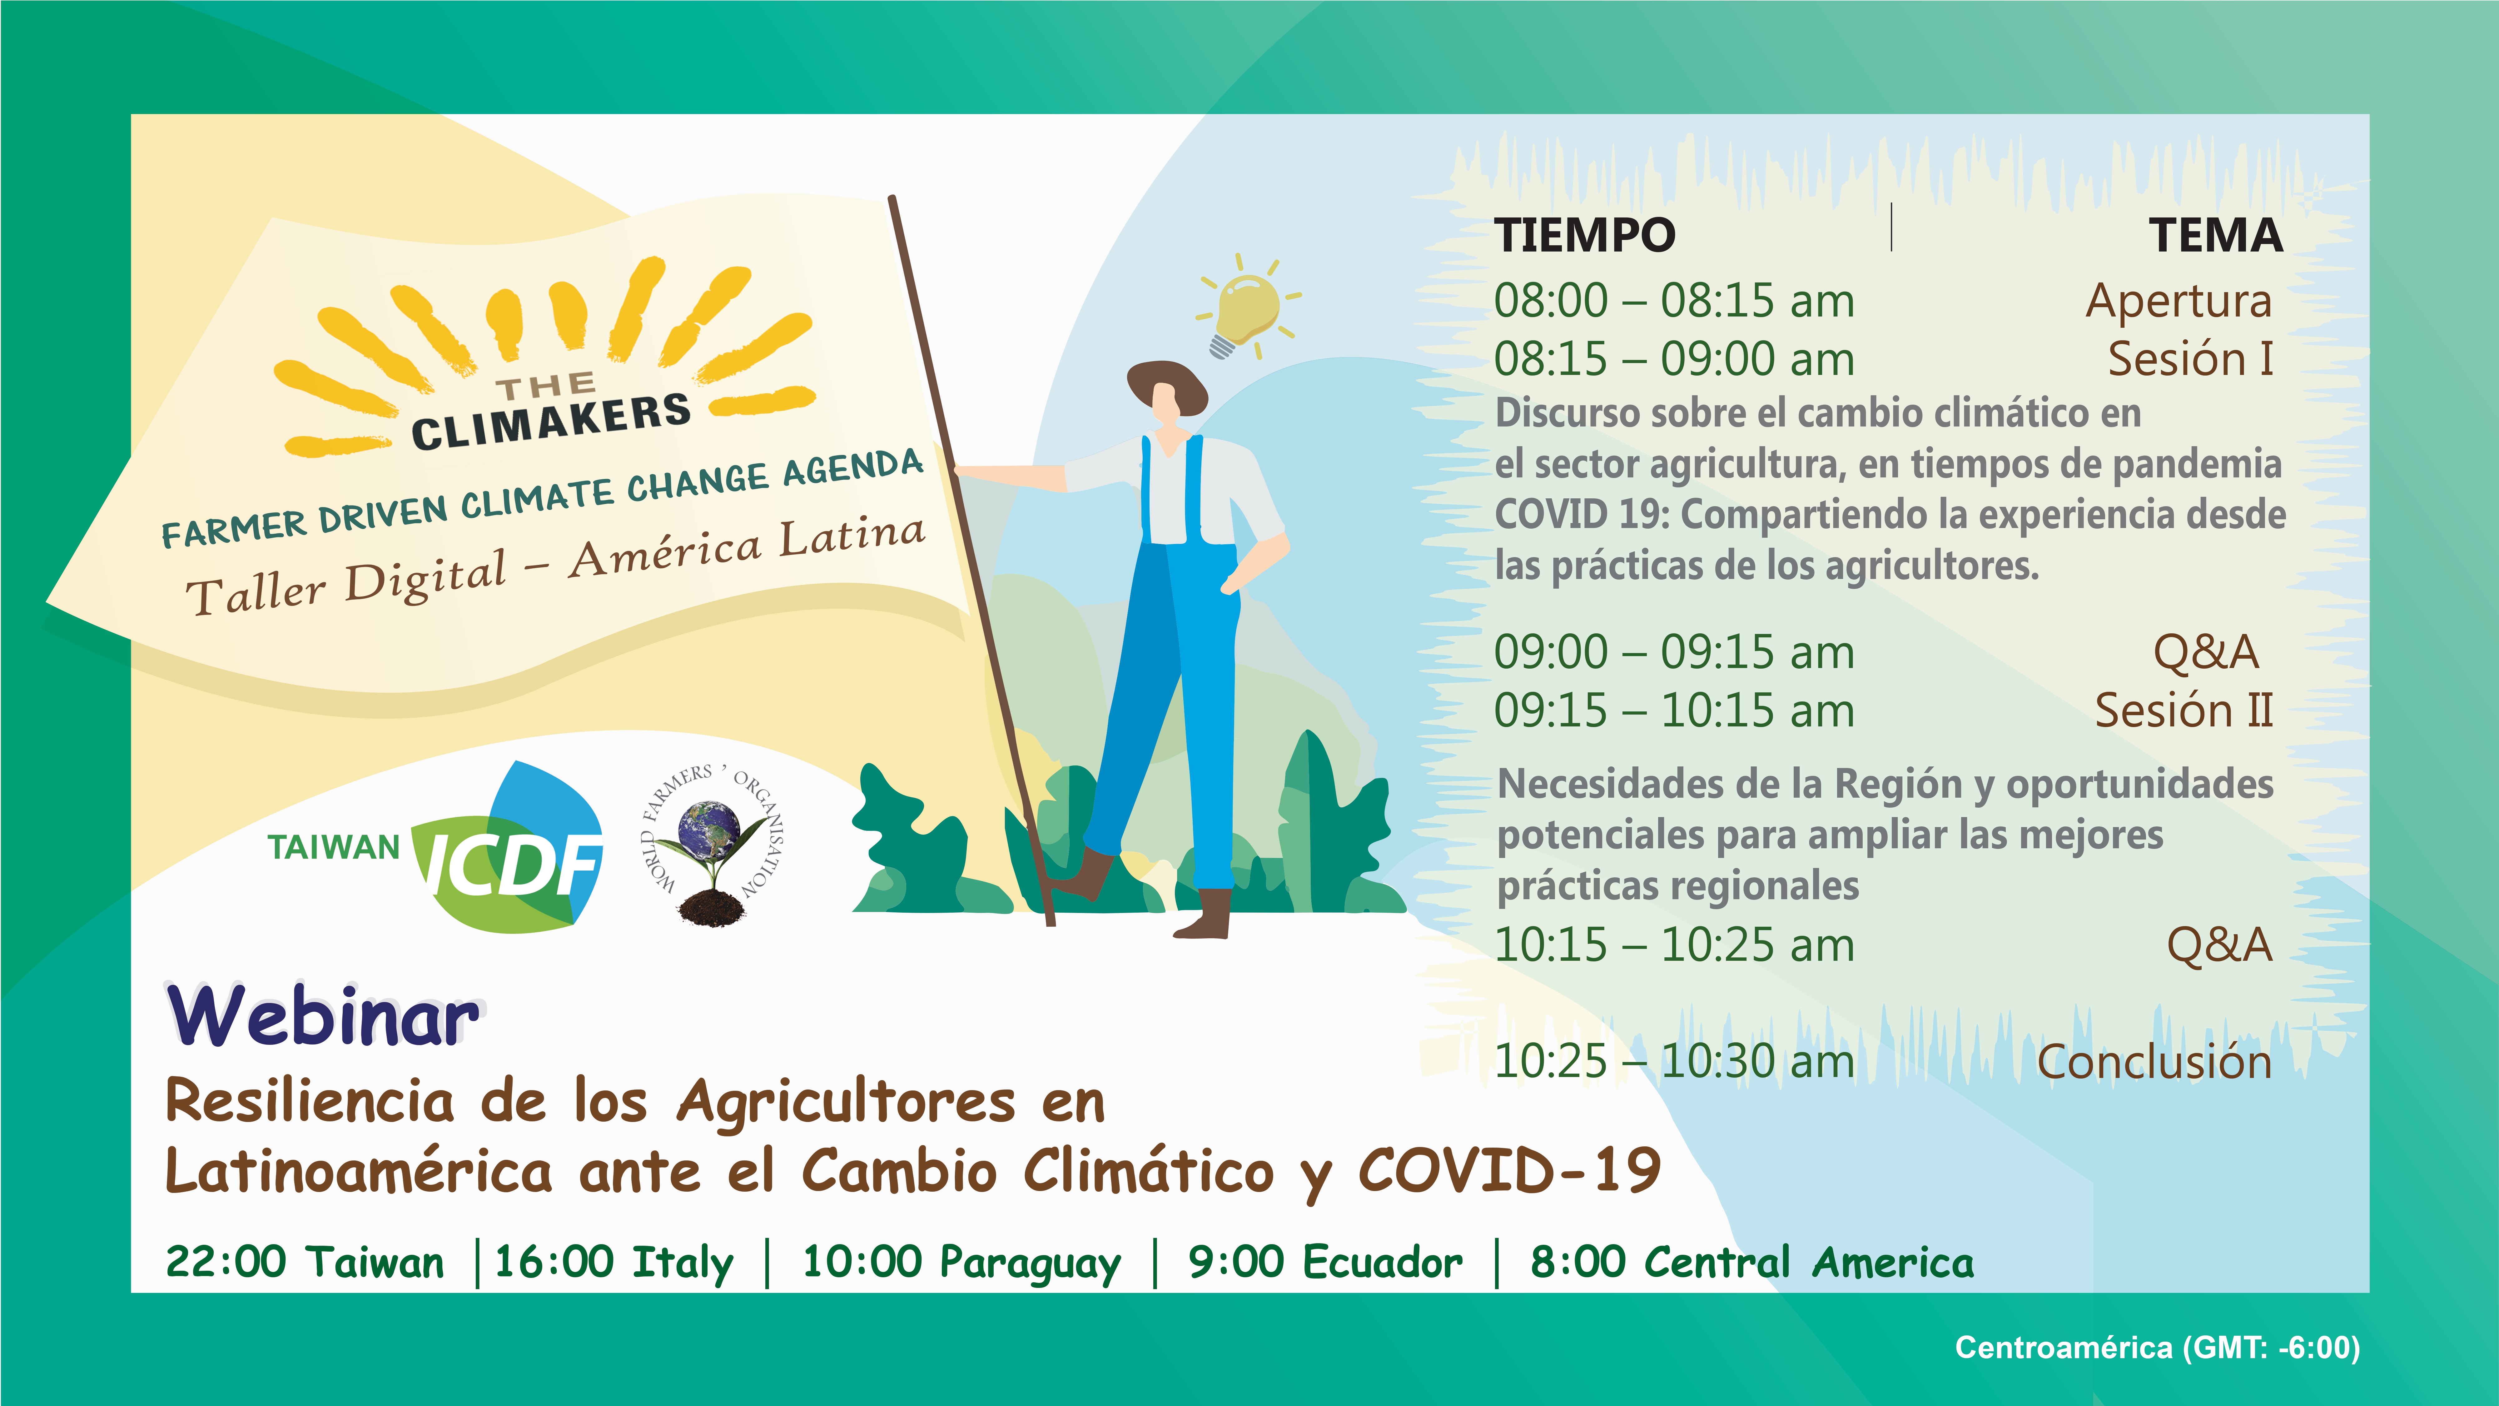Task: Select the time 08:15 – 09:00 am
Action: click(x=1673, y=359)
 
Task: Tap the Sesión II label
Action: click(x=2184, y=710)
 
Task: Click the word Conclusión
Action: click(x=2154, y=1062)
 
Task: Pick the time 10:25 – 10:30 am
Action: click(x=1673, y=1062)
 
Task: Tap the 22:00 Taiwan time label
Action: click(x=305, y=1261)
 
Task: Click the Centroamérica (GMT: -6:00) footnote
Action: click(x=2157, y=1348)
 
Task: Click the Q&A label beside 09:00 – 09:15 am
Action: click(x=2205, y=652)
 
